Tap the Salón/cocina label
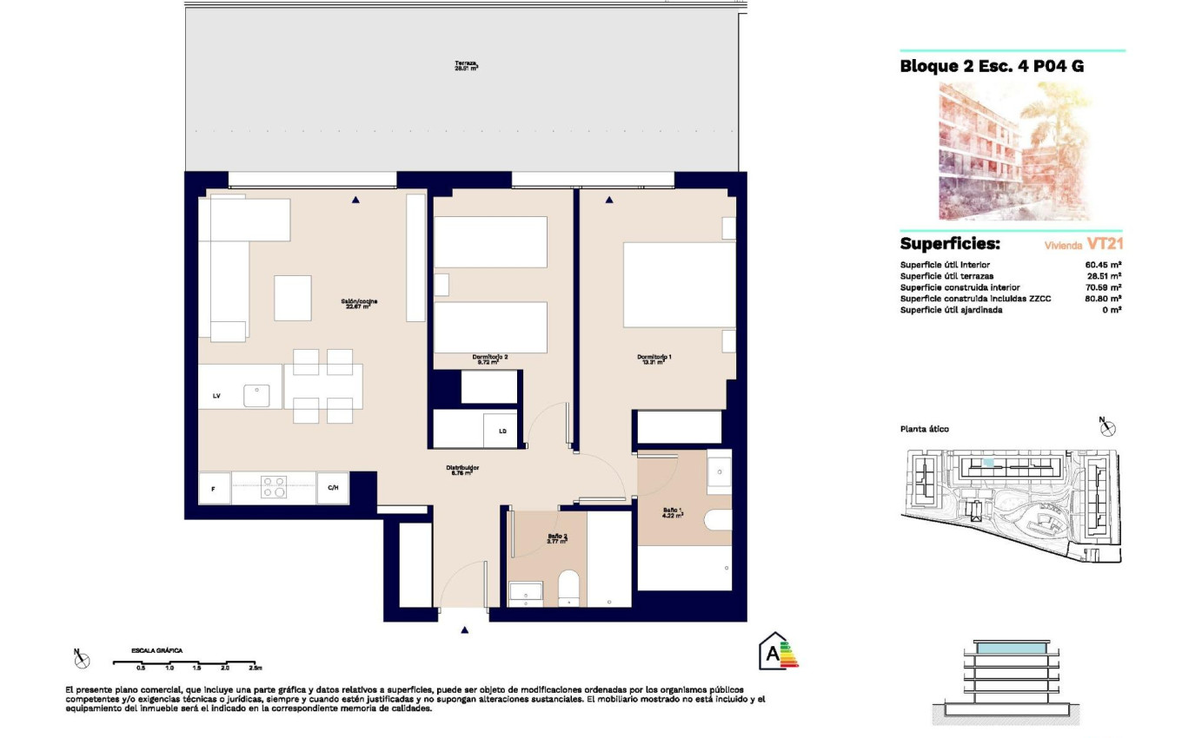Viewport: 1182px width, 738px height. coord(358,304)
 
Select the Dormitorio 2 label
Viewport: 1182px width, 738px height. coord(489,359)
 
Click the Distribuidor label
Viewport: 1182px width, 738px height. coord(465,470)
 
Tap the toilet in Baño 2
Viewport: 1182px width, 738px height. coord(568,587)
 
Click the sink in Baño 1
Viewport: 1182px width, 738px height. coord(719,474)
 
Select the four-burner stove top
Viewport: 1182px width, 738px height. coord(275,487)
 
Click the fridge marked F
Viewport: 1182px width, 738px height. coord(215,488)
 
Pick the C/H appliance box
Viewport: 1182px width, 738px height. coord(333,488)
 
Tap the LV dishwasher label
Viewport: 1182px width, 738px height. coord(216,396)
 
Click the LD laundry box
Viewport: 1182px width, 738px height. coord(502,431)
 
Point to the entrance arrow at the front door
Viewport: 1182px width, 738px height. coord(466,630)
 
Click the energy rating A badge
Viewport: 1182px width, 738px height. coord(778,651)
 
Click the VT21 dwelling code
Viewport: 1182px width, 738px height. coord(1106,244)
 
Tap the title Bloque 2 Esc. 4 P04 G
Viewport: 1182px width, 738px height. coord(992,67)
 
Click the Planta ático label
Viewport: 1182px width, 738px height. coord(925,429)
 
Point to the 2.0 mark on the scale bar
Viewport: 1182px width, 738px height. coord(224,668)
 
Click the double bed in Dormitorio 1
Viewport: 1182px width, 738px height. coord(679,284)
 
